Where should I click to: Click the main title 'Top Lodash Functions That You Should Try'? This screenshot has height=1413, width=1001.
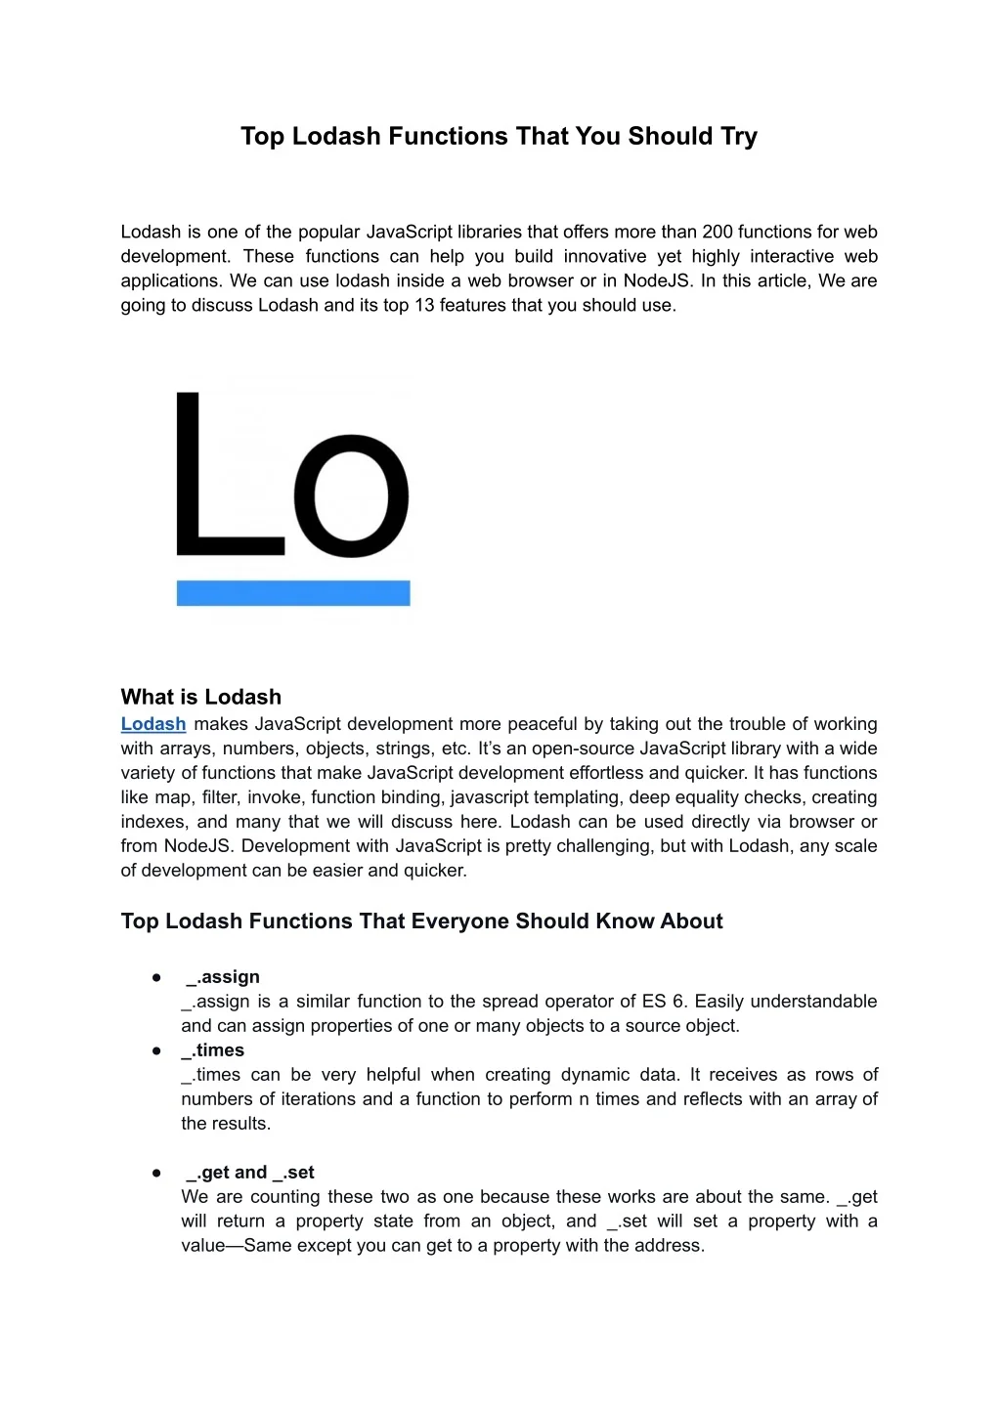(499, 136)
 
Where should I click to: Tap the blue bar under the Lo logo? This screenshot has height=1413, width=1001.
(292, 593)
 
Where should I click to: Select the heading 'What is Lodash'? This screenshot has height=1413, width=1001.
(200, 697)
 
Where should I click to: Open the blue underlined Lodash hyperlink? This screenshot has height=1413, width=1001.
(152, 724)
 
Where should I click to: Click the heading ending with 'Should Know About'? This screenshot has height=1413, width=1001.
(421, 921)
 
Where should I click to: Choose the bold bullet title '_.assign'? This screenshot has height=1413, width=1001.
(223, 977)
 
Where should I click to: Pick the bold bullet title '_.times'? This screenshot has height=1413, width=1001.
(213, 1050)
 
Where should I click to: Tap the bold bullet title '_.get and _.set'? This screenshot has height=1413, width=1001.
(250, 1173)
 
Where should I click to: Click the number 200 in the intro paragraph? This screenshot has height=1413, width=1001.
(717, 232)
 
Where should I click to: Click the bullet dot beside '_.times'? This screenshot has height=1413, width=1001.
(156, 1050)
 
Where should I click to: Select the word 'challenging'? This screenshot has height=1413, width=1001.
(603, 846)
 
